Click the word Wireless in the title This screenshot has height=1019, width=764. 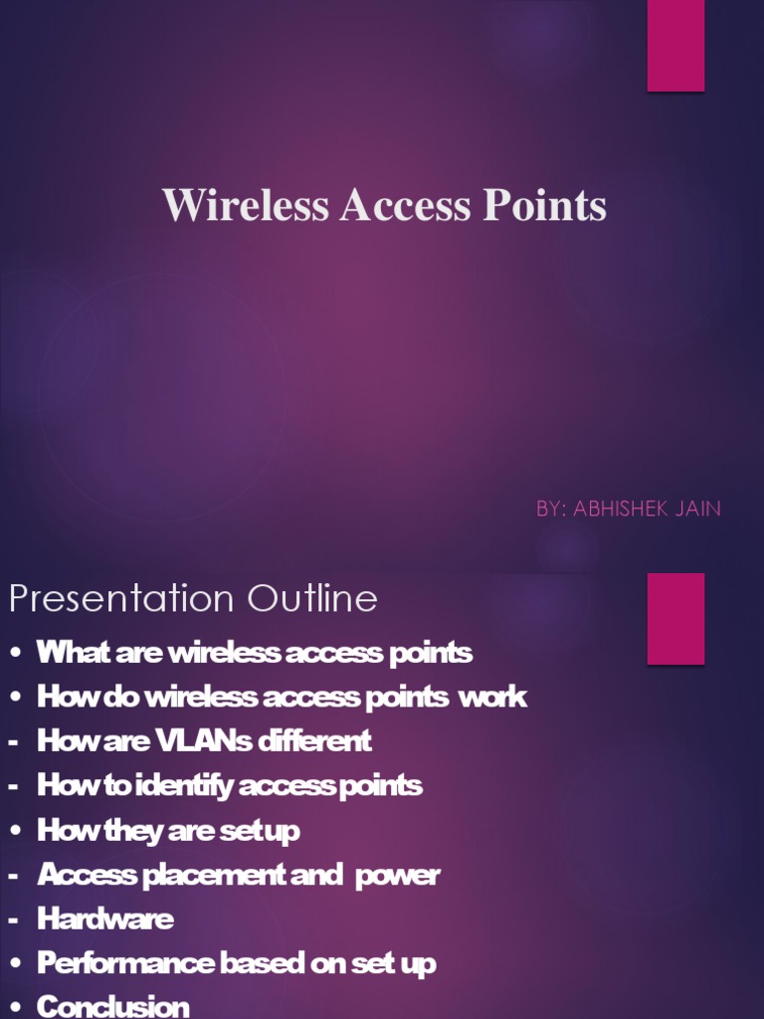click(246, 206)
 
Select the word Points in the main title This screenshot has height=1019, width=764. click(544, 206)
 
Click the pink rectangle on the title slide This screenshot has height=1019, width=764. click(675, 46)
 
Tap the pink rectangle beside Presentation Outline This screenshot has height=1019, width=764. click(675, 618)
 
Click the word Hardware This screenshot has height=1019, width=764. click(105, 918)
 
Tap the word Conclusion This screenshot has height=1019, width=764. click(112, 1006)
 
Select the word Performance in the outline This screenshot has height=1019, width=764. click(124, 963)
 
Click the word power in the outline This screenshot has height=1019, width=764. click(397, 875)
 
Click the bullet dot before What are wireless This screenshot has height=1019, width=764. click(15, 654)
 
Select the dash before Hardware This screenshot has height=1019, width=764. click(14, 918)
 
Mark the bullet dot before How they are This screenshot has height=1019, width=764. click(15, 831)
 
